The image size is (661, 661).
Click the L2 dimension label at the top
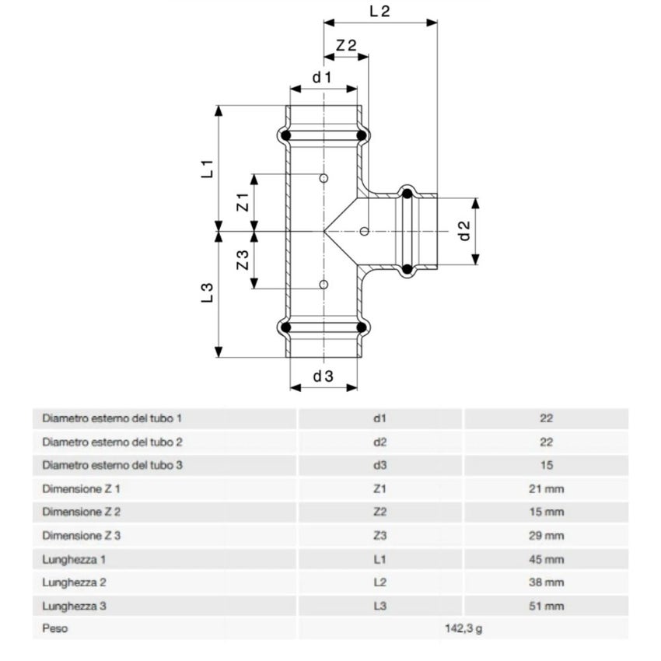pos(379,11)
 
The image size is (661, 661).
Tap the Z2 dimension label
pos(346,46)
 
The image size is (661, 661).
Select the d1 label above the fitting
pos(323,77)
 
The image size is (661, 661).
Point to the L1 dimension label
pos(207,169)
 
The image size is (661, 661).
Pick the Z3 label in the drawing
pos(243,261)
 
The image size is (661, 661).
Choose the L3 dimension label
pos(207,293)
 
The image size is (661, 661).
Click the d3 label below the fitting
pos(324,376)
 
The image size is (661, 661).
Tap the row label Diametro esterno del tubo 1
pos(113,418)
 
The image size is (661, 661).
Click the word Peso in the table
pos(54,629)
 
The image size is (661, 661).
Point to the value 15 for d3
pos(547,465)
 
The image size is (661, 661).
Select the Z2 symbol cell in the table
pos(379,512)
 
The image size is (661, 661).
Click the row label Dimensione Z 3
pos(82,536)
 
